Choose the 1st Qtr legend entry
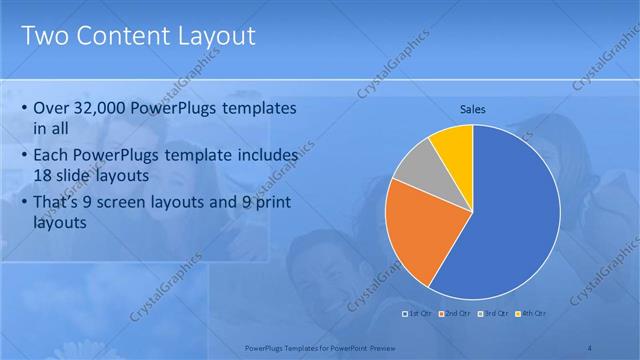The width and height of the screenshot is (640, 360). coord(417,314)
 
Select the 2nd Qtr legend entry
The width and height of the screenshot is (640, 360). coord(457,314)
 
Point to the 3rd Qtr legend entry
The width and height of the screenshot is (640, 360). coord(494,314)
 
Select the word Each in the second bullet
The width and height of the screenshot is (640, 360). coord(51,156)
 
